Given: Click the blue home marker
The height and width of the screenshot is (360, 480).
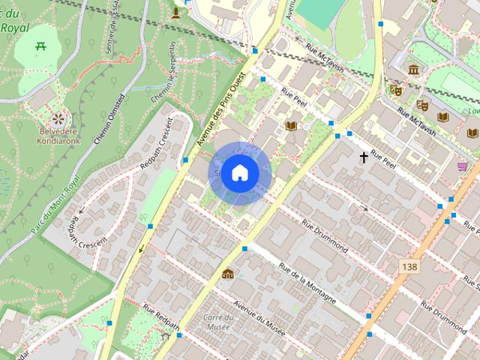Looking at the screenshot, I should [x=239, y=173].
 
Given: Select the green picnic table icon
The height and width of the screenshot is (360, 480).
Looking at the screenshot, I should [x=41, y=46].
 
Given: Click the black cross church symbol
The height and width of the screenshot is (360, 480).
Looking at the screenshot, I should [x=364, y=157].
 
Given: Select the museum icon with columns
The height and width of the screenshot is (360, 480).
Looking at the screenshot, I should [x=413, y=70].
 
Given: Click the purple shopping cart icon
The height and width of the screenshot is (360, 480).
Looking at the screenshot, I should [x=463, y=166].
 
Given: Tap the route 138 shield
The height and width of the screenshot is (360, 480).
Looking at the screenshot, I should [x=409, y=267].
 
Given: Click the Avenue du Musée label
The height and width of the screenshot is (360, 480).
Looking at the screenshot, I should [x=259, y=318].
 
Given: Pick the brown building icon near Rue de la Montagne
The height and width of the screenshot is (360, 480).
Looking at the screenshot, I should [x=227, y=272].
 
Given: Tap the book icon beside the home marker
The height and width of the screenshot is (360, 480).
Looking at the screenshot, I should [x=291, y=126].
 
